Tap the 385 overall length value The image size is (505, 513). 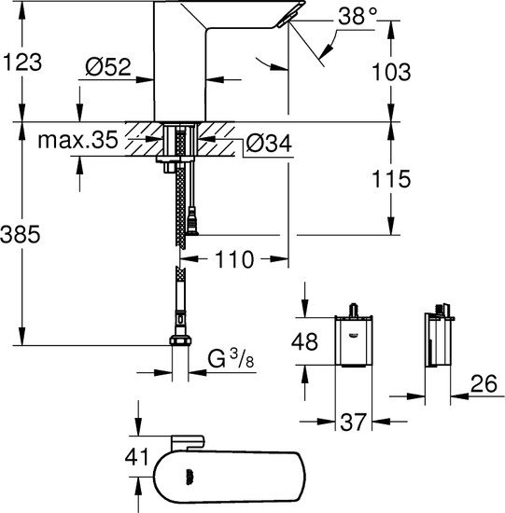coord(21,237)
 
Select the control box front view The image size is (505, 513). coord(354,341)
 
